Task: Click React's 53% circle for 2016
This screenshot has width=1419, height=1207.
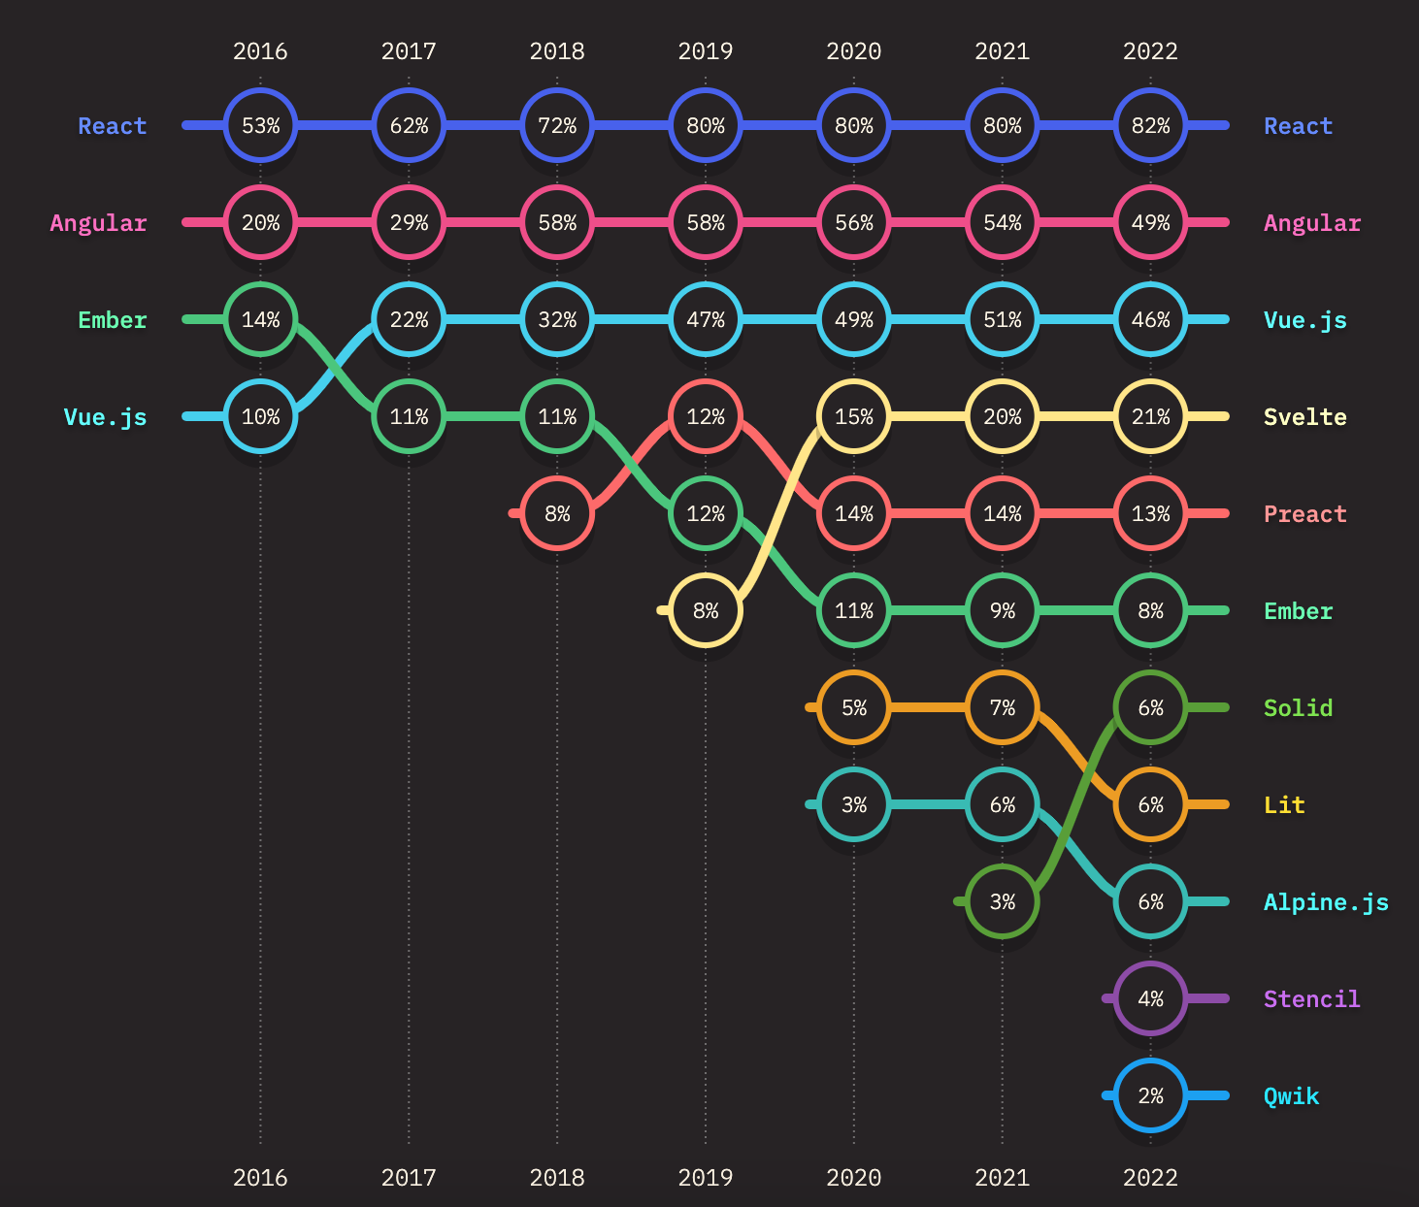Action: pyautogui.click(x=260, y=125)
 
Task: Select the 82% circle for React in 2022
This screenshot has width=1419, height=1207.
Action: pyautogui.click(x=1150, y=125)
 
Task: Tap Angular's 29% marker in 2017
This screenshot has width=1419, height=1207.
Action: pyautogui.click(x=409, y=222)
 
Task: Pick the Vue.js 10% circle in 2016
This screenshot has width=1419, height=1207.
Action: pyautogui.click(x=260, y=416)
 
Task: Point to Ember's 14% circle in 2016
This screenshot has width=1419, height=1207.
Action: pyautogui.click(x=260, y=319)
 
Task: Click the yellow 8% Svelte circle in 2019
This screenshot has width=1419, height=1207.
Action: pyautogui.click(x=706, y=610)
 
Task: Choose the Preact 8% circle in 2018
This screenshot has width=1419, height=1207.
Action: pyautogui.click(x=557, y=513)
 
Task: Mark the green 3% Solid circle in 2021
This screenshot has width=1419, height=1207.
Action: pyautogui.click(x=1002, y=901)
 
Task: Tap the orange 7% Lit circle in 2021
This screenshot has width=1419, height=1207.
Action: pyautogui.click(x=1002, y=707)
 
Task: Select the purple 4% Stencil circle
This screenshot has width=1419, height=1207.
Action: pyautogui.click(x=1150, y=998)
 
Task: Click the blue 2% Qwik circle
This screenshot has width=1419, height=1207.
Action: pyautogui.click(x=1150, y=1095)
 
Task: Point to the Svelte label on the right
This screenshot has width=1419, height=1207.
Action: pyautogui.click(x=1304, y=417)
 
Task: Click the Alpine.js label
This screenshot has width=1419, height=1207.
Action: pyautogui.click(x=1326, y=902)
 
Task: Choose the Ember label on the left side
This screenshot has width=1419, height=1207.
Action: pyautogui.click(x=113, y=320)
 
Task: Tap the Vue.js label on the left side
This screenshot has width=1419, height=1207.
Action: pyautogui.click(x=105, y=417)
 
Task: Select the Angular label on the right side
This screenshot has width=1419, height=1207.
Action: pyautogui.click(x=1312, y=223)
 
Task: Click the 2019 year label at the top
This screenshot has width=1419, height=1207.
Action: pyautogui.click(x=706, y=51)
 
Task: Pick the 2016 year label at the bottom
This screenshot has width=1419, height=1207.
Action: pyautogui.click(x=260, y=1177)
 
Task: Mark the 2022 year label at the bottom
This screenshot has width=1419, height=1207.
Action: pyautogui.click(x=1150, y=1177)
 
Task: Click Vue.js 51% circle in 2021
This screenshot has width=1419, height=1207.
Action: pyautogui.click(x=1002, y=319)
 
